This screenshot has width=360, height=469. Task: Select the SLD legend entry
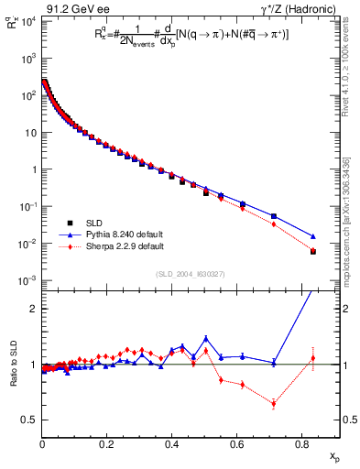click(x=100, y=223)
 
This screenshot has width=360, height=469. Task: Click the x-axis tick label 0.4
click(x=171, y=446)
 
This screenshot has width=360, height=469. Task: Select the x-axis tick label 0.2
click(x=106, y=446)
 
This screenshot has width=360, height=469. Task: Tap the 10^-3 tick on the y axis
click(x=27, y=280)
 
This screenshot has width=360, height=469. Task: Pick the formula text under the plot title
click(x=187, y=35)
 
